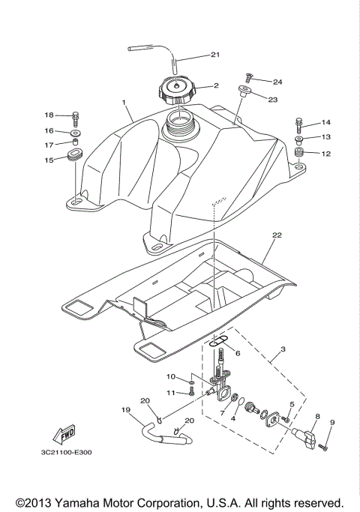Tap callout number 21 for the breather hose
click(x=215, y=55)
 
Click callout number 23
click(x=272, y=99)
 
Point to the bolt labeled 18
click(x=76, y=116)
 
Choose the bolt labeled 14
click(x=298, y=121)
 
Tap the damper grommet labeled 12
click(x=298, y=154)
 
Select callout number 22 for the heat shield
click(x=276, y=235)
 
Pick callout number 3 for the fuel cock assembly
click(x=283, y=349)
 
